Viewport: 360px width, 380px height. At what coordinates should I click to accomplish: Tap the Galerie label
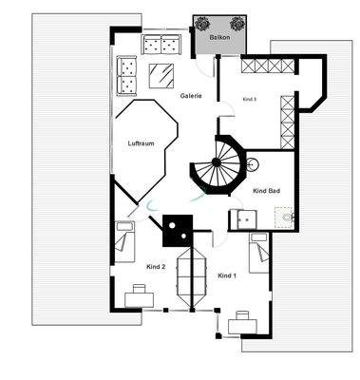click(191, 96)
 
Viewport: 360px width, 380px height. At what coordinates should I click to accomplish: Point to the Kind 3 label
click(250, 99)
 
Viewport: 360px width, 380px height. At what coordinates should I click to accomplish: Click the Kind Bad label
click(266, 191)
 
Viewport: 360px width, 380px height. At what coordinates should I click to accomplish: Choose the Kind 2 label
click(156, 267)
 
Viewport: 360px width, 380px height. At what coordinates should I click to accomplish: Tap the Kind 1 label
click(226, 275)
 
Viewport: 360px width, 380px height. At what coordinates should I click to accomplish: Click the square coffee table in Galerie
click(162, 76)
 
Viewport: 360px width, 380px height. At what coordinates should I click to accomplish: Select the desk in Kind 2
click(140, 297)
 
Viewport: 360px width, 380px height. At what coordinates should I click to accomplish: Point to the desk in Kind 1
click(242, 323)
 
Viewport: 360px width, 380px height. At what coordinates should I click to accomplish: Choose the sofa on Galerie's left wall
click(126, 77)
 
